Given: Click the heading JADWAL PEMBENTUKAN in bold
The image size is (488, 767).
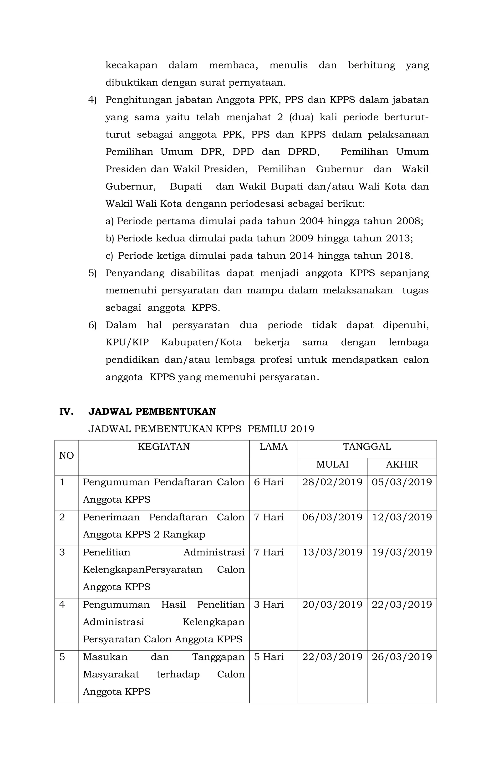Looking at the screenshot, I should [152, 412].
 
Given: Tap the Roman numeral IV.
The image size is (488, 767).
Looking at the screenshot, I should [66, 412].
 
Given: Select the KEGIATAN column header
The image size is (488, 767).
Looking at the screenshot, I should [164, 447].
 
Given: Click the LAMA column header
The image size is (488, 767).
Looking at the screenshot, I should [273, 447].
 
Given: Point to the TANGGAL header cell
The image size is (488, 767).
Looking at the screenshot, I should [367, 447].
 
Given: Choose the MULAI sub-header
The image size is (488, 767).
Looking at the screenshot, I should [332, 464].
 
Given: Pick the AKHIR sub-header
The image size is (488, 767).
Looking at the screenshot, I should [402, 464].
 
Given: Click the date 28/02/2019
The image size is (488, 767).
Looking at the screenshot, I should [332, 482].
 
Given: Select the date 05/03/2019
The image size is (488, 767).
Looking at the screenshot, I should [402, 482].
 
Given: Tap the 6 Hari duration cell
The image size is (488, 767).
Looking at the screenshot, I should [269, 482].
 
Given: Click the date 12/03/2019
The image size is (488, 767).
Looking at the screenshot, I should [402, 517].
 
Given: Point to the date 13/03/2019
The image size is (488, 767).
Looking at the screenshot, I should [332, 552].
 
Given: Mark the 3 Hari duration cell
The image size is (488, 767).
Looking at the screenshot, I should [269, 604].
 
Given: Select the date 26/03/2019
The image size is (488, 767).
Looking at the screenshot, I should [402, 657].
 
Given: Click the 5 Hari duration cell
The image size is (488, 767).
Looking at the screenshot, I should [269, 657].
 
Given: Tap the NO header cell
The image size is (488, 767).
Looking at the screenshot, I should [66, 455].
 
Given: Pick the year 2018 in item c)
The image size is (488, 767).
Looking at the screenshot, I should [398, 256].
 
